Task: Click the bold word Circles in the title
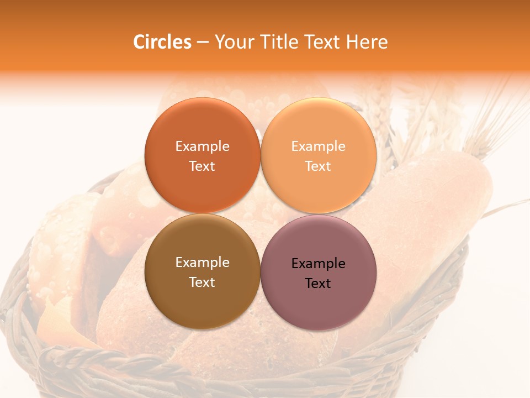click(x=162, y=42)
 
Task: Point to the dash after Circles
click(x=203, y=43)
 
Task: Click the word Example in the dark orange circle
click(x=202, y=146)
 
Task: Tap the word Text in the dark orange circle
click(x=202, y=166)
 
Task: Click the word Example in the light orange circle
click(x=319, y=146)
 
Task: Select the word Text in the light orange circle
click(x=319, y=166)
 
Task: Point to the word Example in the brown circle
click(x=202, y=263)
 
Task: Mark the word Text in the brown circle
click(x=202, y=282)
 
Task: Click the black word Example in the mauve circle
click(x=319, y=264)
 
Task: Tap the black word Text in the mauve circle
click(x=319, y=284)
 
